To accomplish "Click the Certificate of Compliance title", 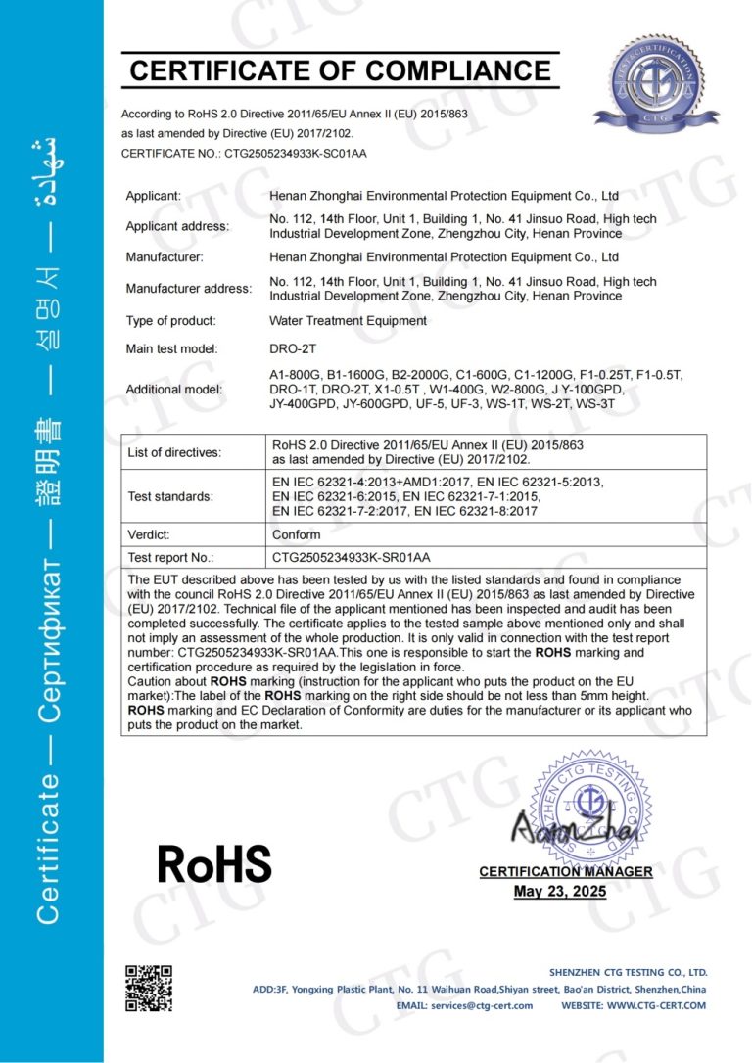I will click(x=340, y=70).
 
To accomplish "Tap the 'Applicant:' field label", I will click(x=154, y=196).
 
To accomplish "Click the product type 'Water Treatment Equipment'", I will click(x=348, y=320).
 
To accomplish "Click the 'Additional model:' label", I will click(x=174, y=389).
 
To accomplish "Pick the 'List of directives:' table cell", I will click(x=175, y=452).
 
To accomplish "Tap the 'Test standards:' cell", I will click(x=170, y=496).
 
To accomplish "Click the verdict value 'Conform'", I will click(x=296, y=535).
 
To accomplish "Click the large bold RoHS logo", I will click(x=214, y=863).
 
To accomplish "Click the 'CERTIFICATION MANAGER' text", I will click(x=565, y=871).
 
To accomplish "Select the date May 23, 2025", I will click(x=560, y=892).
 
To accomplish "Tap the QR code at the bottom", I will click(x=148, y=989).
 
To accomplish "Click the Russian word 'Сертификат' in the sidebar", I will click(x=52, y=645).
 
